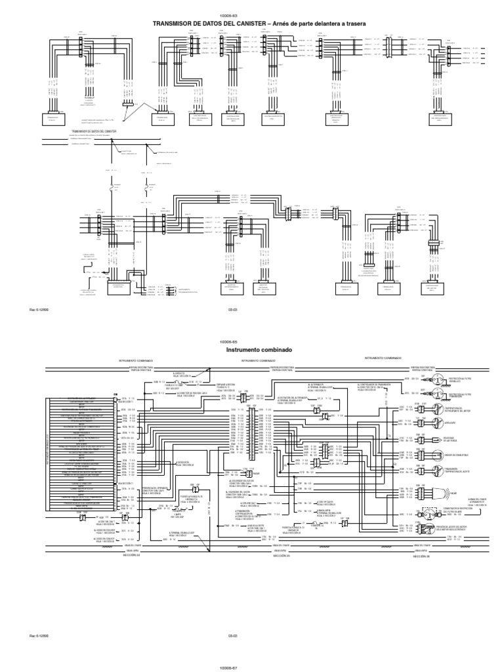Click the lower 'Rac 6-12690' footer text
coord(39,635)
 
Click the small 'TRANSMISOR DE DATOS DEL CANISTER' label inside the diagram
coord(93,131)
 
